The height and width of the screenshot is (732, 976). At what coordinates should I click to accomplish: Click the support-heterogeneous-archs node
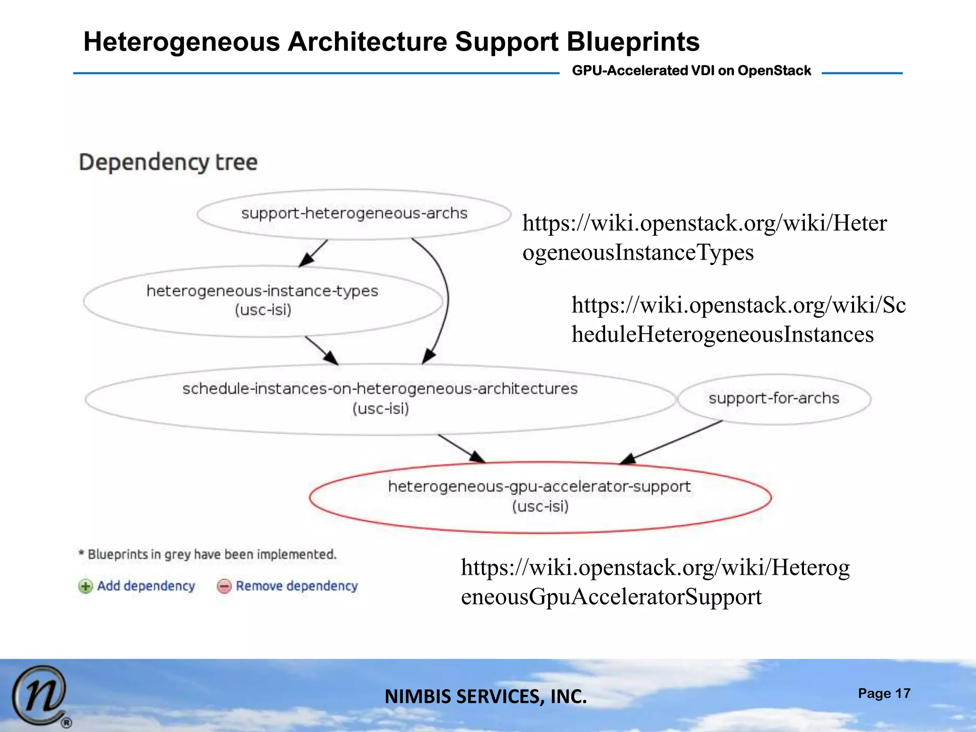(354, 213)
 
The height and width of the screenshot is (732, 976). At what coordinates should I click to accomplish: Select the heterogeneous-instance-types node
(263, 300)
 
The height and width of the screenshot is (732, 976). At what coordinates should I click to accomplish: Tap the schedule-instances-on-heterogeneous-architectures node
(380, 398)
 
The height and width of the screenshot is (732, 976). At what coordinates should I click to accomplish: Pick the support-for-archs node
(773, 398)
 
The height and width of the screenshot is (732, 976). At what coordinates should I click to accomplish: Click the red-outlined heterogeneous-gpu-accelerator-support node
(539, 496)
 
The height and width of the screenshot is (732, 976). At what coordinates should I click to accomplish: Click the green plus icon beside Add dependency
(85, 586)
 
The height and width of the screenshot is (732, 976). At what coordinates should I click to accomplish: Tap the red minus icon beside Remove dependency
(224, 586)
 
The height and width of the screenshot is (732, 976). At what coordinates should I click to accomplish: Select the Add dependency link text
(146, 586)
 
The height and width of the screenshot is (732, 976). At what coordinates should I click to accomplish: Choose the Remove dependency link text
(297, 586)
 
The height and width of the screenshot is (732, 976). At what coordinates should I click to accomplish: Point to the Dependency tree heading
(168, 162)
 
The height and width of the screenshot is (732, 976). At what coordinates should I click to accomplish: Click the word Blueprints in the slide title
(633, 42)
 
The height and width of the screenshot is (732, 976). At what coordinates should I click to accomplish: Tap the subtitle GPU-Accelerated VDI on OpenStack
(691, 71)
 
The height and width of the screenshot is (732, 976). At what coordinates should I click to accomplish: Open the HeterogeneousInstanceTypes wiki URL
(704, 237)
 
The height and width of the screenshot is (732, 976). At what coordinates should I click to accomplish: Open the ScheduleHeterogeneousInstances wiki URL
(738, 319)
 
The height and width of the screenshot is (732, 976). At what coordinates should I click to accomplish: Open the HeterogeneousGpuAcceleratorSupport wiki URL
(655, 582)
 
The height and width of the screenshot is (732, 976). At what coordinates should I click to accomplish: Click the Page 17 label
(884, 693)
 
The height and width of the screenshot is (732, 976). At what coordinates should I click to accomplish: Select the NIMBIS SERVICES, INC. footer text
(486, 697)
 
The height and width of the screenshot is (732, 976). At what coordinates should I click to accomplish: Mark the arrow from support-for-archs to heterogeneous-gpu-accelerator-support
(672, 442)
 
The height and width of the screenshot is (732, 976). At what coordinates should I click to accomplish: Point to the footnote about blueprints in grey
(208, 554)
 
